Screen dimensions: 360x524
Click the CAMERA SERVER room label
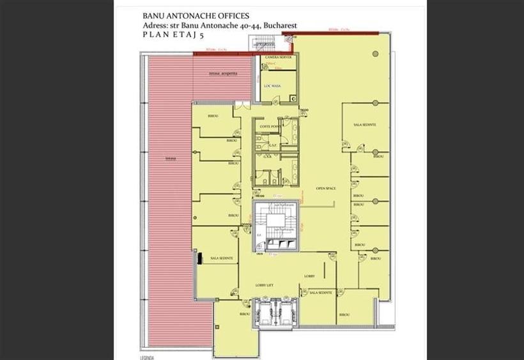point(279,58)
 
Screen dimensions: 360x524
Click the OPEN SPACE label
point(326,189)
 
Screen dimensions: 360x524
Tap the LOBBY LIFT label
point(265,285)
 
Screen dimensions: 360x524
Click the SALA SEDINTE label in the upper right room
point(364,124)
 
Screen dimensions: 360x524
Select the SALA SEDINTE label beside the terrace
point(221,258)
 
